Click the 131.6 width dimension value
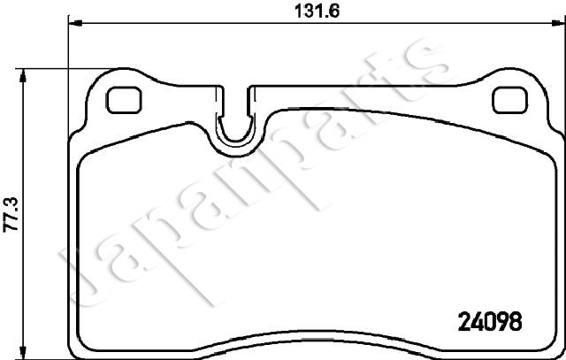click(x=317, y=11)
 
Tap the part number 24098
click(x=490, y=321)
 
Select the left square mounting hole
click(x=124, y=100)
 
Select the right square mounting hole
click(x=509, y=100)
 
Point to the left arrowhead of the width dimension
click(x=75, y=23)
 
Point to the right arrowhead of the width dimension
click(x=558, y=23)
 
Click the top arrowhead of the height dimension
click(x=23, y=76)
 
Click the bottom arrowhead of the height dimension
click(x=23, y=352)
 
